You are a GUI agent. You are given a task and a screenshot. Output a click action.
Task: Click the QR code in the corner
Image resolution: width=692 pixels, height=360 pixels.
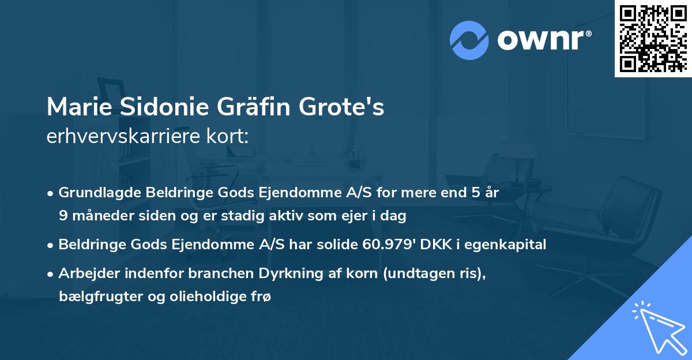(653, 39)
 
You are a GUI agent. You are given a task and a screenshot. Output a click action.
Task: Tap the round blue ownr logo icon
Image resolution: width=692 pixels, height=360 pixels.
(469, 40)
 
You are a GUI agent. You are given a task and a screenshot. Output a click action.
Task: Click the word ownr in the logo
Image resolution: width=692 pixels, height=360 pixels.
(544, 40)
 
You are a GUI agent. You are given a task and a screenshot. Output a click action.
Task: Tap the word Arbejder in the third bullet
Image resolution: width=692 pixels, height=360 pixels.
(84, 273)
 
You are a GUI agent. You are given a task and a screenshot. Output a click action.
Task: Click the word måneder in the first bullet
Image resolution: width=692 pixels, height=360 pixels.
(96, 216)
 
